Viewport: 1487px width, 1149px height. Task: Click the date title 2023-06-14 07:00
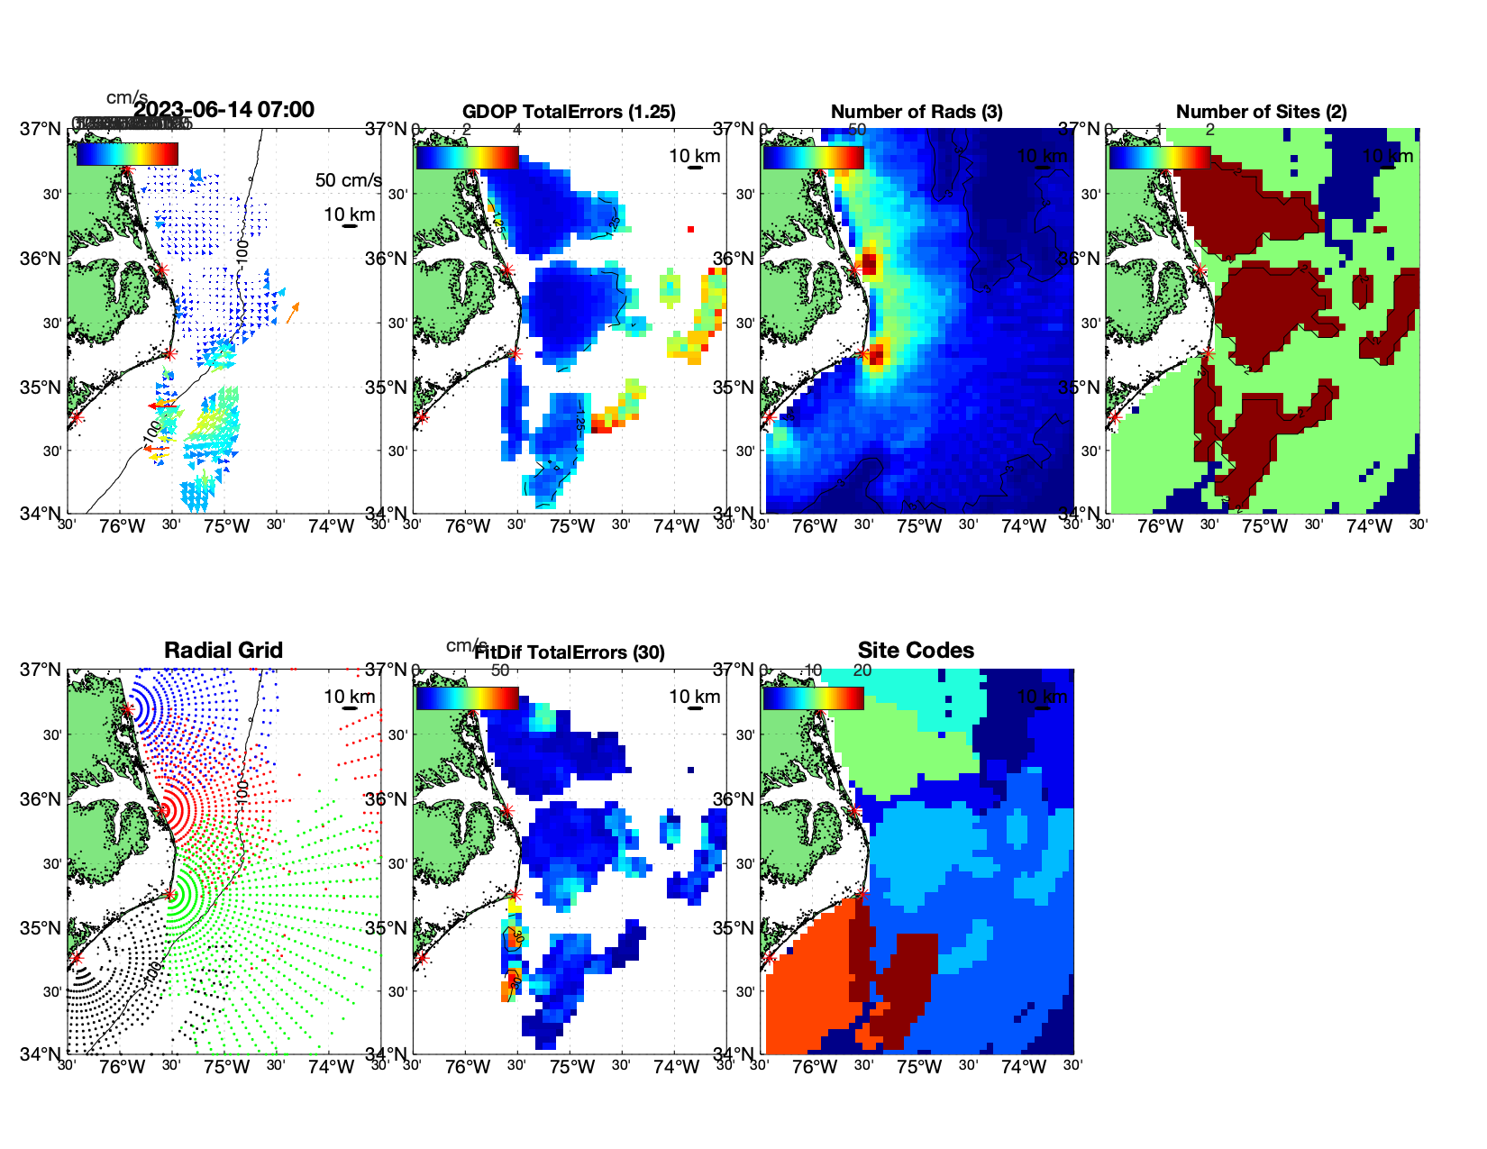pyautogui.click(x=224, y=110)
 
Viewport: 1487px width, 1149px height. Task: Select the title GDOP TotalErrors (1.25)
pyautogui.click(x=569, y=112)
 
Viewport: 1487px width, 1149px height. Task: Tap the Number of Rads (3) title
pyautogui.click(x=917, y=112)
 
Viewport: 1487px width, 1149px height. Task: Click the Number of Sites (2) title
pyautogui.click(x=1261, y=112)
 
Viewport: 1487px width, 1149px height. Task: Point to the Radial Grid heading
pyautogui.click(x=224, y=651)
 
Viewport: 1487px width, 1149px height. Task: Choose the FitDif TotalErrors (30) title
pyautogui.click(x=570, y=652)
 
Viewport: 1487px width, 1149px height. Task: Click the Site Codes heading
pyautogui.click(x=916, y=651)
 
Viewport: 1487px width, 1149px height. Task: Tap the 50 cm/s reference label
pyautogui.click(x=348, y=180)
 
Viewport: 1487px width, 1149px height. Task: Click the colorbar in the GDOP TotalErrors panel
pyautogui.click(x=467, y=157)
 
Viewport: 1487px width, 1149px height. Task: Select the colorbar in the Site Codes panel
pyautogui.click(x=813, y=698)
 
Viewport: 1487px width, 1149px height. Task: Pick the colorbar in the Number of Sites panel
pyautogui.click(x=1159, y=157)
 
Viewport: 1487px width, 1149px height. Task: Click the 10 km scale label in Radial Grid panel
pyautogui.click(x=349, y=697)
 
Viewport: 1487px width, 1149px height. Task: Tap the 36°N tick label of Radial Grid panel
pyautogui.click(x=40, y=799)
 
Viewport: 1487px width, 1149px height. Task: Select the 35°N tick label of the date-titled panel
pyautogui.click(x=40, y=388)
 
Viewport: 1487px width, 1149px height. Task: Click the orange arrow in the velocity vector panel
pyautogui.click(x=293, y=313)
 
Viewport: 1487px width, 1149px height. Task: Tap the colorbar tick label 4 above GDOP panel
pyautogui.click(x=516, y=130)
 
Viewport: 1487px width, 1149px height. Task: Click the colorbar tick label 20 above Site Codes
pyautogui.click(x=862, y=670)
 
